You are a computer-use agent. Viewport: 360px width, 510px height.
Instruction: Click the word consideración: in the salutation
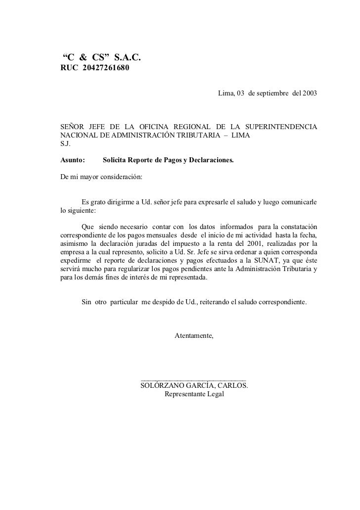(x=121, y=177)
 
